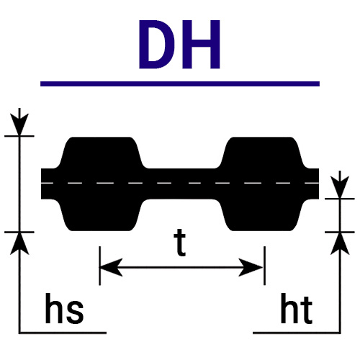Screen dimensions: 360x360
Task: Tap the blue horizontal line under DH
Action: [180, 84]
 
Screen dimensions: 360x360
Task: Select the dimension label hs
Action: [64, 308]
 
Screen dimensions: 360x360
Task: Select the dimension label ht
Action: [297, 308]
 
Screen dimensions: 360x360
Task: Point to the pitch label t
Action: [180, 243]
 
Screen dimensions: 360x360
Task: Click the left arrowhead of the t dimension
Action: [111, 267]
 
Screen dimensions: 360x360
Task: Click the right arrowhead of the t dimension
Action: [251, 267]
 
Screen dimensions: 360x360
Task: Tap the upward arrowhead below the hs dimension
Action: [19, 243]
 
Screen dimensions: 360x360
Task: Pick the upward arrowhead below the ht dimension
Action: [340, 243]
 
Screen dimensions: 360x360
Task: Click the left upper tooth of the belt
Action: [100, 153]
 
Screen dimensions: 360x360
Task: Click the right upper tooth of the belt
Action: [261, 153]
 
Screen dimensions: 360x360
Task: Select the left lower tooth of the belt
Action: [100, 215]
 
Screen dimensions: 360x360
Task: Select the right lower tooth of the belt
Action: [261, 215]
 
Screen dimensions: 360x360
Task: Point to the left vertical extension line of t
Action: [100, 266]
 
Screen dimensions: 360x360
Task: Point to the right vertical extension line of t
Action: [264, 266]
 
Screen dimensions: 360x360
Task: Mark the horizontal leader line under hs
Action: [63, 333]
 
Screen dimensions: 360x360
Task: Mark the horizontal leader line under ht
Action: [297, 333]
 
